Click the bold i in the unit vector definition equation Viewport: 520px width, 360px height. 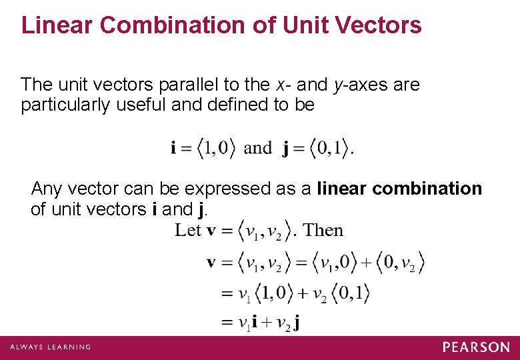coord(173,148)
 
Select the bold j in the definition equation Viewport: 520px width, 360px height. coord(285,149)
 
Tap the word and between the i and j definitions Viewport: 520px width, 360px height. coord(258,147)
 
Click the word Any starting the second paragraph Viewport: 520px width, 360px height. coord(46,189)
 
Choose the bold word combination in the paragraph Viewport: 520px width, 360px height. coord(427,189)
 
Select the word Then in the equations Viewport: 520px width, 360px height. coord(323,231)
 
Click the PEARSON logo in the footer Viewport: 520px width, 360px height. coord(476,347)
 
